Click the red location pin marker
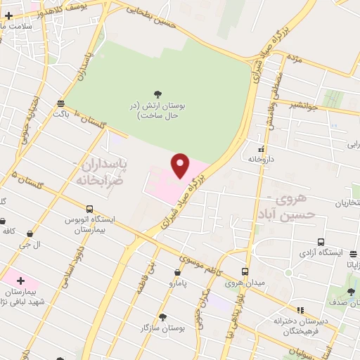181,166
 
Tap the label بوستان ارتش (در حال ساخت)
162,110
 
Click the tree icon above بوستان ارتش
157,94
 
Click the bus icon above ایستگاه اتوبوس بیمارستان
89,209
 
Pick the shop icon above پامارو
177,272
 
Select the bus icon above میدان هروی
245,271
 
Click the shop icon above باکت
62,103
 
